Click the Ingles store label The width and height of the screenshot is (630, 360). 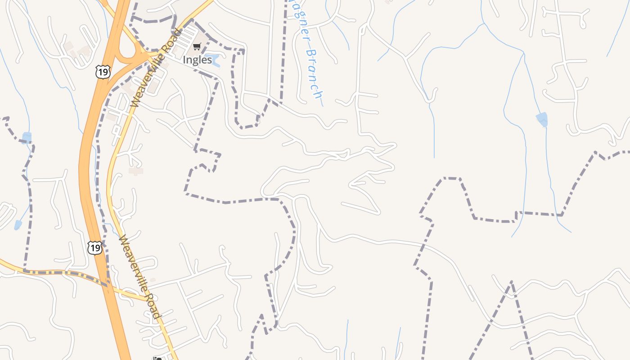pos(197,60)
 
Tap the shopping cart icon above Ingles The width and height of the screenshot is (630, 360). pos(197,46)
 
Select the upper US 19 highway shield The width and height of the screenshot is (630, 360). pos(103,71)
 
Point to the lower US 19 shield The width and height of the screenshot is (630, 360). pos(94,247)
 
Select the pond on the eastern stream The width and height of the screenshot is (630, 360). pos(542,119)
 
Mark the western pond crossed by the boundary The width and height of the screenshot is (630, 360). pos(27,137)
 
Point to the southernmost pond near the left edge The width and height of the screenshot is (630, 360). pos(18,225)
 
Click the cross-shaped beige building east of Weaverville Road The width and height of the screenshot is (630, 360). pos(135,171)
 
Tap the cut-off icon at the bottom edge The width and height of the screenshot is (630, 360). pos(157,358)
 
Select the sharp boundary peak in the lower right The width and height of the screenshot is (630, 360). pos(512,282)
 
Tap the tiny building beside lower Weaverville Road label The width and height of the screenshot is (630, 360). pos(153,280)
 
